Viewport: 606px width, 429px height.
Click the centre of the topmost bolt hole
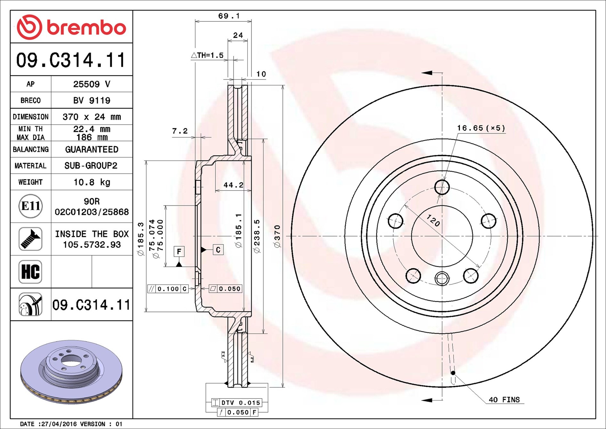point(442,187)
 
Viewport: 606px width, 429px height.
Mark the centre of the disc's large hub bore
point(442,236)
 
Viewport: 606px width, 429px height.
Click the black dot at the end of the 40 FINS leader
point(453,373)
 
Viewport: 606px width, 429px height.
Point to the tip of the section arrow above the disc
point(422,73)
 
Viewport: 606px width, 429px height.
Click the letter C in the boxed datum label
point(218,250)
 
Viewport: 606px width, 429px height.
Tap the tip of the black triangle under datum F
point(179,262)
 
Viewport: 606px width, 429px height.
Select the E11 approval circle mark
point(30,206)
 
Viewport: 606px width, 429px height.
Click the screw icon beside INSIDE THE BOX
point(30,239)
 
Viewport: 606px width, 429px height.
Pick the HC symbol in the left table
point(30,272)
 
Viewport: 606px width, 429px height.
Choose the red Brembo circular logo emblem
point(29,27)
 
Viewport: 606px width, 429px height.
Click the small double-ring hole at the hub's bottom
point(442,278)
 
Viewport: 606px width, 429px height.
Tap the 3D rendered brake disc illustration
point(71,372)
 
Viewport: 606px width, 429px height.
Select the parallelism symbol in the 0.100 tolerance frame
point(151,289)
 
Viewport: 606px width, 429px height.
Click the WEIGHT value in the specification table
point(92,182)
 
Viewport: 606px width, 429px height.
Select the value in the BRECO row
point(92,100)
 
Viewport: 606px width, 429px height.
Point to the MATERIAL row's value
point(91,165)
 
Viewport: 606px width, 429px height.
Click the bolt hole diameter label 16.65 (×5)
point(481,128)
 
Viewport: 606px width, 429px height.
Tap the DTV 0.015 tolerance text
point(241,403)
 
